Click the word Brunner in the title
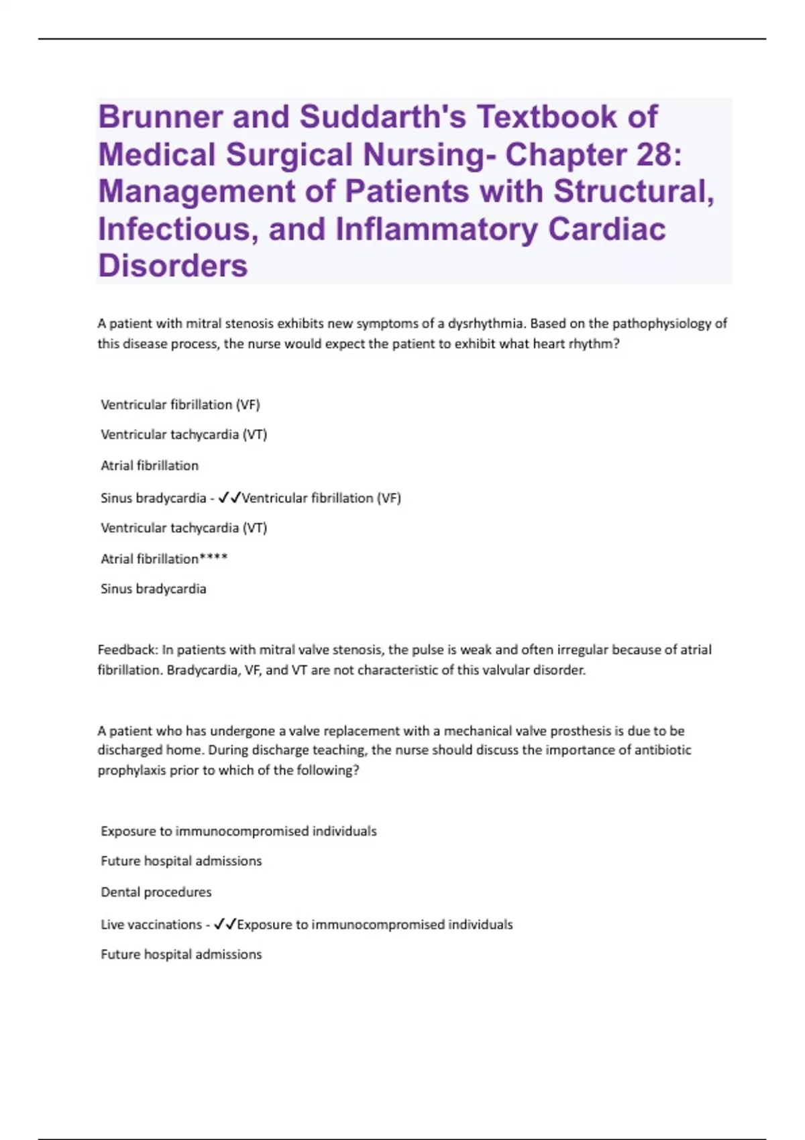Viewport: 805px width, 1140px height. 160,117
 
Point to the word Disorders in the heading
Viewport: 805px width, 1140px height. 173,266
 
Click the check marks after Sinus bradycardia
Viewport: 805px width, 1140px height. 229,498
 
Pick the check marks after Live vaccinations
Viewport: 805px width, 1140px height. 225,924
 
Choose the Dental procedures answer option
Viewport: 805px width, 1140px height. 156,892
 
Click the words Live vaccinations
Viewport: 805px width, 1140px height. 151,924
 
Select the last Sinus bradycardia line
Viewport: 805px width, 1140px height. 153,589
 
